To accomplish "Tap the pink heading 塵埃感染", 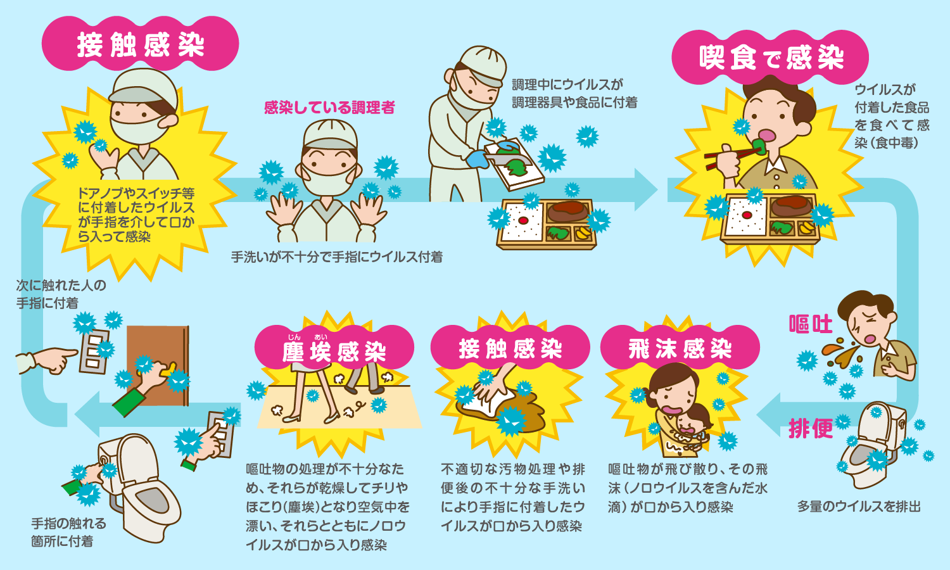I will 334,350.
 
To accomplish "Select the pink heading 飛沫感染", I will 680,349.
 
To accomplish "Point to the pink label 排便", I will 810,429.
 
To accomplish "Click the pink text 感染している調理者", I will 329,108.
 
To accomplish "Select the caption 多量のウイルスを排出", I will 858,507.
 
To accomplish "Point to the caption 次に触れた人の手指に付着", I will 61,294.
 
